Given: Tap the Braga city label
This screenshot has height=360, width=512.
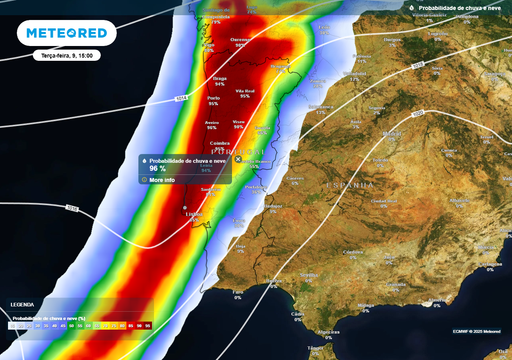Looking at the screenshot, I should pos(220,76).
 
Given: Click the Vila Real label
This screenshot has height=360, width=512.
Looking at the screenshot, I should pos(245,91).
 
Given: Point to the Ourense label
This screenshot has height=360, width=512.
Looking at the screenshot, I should pos(241,40).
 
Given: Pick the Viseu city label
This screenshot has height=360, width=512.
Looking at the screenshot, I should pos(238,120).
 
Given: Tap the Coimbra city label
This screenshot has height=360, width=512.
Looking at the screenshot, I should pos(220,142).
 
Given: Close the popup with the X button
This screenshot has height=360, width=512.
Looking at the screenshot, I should pos(237,159).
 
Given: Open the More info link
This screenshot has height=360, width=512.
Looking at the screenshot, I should pos(161,180).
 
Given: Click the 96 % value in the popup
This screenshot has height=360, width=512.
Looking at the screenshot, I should pos(157,169).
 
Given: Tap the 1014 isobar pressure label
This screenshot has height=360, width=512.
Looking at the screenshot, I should pos(181,99).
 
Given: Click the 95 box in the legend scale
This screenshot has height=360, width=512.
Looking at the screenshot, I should pos(147,326).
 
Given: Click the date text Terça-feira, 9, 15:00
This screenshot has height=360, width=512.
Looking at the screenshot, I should pos(62,57).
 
